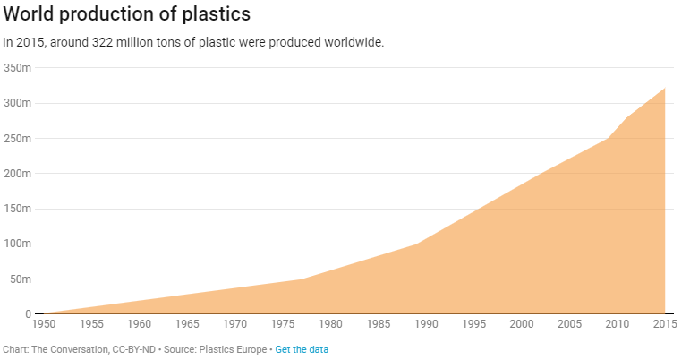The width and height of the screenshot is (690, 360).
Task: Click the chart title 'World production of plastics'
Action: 126,15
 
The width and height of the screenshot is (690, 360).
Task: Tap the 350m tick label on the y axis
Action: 18,68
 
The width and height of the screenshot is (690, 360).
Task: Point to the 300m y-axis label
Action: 18,103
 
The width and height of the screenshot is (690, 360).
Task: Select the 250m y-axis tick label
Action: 18,139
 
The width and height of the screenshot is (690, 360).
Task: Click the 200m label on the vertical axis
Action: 18,174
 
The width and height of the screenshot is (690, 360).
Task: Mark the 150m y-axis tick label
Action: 18,209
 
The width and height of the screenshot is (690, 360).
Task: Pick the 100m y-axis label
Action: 18,244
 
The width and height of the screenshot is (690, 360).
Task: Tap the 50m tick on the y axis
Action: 21,279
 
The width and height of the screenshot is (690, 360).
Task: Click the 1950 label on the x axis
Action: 43,323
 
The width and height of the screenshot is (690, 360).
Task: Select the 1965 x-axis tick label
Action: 187,323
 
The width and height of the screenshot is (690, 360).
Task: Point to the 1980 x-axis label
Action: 330,323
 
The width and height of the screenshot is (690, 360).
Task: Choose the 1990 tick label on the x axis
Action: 426,323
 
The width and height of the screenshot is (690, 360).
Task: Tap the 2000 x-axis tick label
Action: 522,323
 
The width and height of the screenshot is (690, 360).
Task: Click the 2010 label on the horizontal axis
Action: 618,323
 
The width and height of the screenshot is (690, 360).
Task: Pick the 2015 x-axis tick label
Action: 664,323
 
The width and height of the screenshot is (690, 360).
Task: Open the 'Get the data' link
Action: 302,349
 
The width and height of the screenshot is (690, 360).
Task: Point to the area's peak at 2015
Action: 665,88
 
